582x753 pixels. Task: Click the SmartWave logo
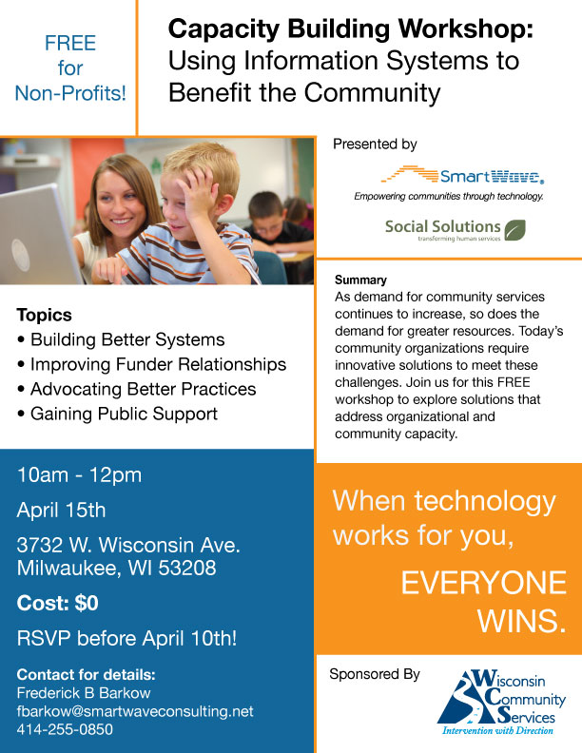[462, 176]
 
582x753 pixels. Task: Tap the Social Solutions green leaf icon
[514, 230]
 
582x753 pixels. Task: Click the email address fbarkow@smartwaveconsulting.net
[135, 711]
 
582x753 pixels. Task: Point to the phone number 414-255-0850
[65, 729]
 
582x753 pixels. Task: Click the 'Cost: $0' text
[58, 603]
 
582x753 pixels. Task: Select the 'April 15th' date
[61, 510]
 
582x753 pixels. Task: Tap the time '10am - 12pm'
[79, 475]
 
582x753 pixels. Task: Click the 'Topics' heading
[44, 315]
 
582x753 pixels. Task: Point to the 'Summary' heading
[360, 280]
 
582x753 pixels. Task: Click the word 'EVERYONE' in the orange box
[483, 583]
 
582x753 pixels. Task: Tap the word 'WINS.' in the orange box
[521, 621]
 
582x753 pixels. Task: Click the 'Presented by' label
[375, 145]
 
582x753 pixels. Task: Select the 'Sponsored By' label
[375, 674]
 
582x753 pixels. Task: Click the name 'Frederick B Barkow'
[84, 693]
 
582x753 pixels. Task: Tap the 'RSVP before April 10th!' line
[126, 639]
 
